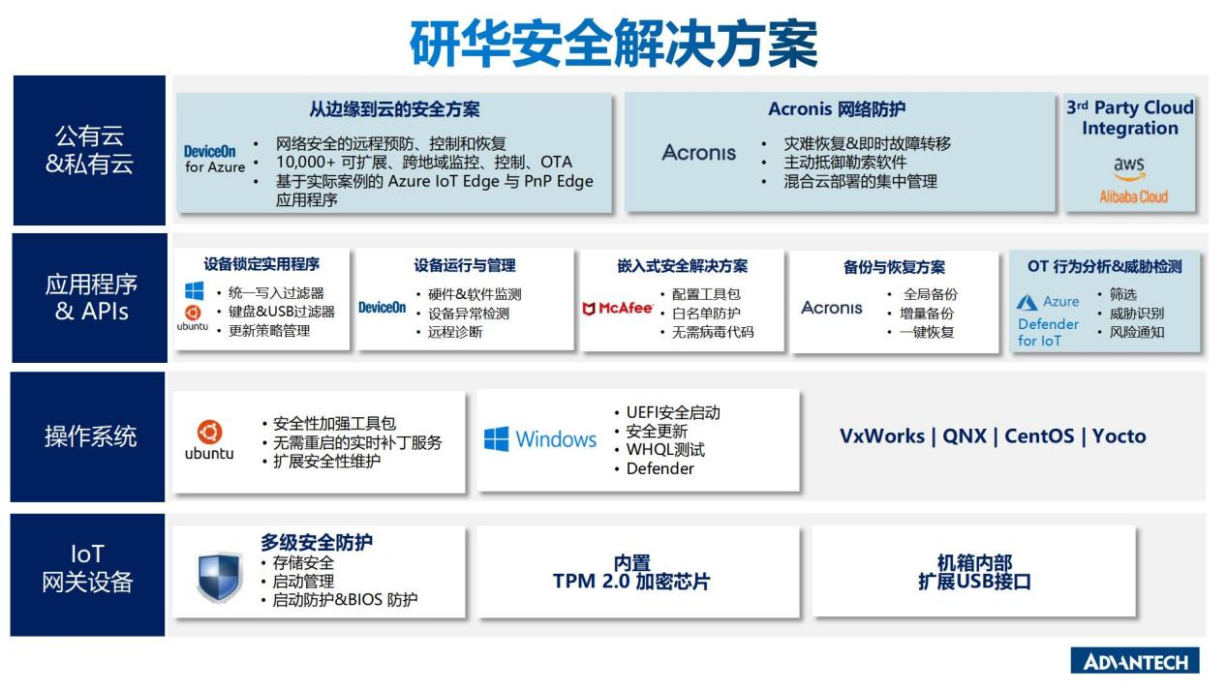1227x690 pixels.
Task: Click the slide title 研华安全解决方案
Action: click(x=614, y=43)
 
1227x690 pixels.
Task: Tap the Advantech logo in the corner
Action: click(x=1135, y=660)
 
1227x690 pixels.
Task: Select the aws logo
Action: click(x=1129, y=168)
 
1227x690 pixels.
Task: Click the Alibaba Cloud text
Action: click(x=1134, y=196)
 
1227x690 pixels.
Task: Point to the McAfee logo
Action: click(x=618, y=309)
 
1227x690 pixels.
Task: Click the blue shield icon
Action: click(x=220, y=577)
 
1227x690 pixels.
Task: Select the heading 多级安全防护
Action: click(x=317, y=542)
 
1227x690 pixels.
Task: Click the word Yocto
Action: click(x=1120, y=436)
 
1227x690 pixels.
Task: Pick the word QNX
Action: click(x=965, y=436)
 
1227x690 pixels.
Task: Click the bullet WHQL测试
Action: click(x=665, y=450)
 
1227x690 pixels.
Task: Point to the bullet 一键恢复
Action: click(x=927, y=332)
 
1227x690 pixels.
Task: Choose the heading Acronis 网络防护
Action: click(x=837, y=109)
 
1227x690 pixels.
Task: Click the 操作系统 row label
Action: click(x=90, y=436)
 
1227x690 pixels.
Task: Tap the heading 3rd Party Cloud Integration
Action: click(x=1129, y=118)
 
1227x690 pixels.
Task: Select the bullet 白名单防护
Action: click(x=706, y=313)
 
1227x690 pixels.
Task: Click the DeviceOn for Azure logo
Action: click(x=215, y=160)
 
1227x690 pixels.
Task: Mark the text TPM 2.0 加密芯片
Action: click(x=631, y=572)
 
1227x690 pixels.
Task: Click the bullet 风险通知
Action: click(x=1137, y=332)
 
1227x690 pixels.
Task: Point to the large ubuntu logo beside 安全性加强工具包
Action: click(x=209, y=440)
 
